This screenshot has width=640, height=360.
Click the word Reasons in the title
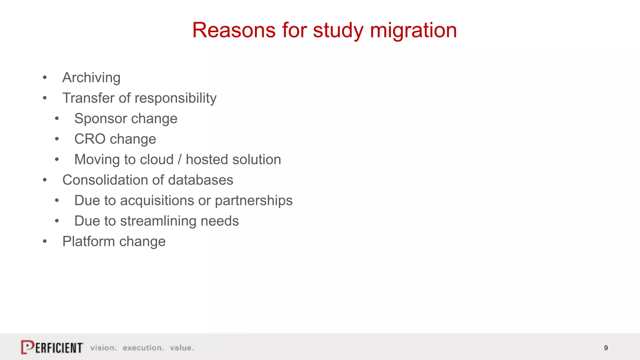[234, 30]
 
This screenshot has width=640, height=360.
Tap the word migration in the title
[413, 30]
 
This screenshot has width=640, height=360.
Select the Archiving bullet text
[91, 77]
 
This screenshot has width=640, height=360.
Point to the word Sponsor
[100, 119]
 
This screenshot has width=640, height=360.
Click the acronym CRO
[90, 139]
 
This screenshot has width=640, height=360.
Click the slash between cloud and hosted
[180, 159]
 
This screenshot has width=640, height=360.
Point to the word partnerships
[253, 201]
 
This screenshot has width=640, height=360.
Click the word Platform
[88, 242]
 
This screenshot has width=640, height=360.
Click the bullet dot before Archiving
[45, 77]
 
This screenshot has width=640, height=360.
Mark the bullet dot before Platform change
[45, 242]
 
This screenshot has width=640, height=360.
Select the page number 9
[606, 348]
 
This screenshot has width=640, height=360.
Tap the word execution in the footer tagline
[143, 348]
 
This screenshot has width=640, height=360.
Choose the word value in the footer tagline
[182, 348]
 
